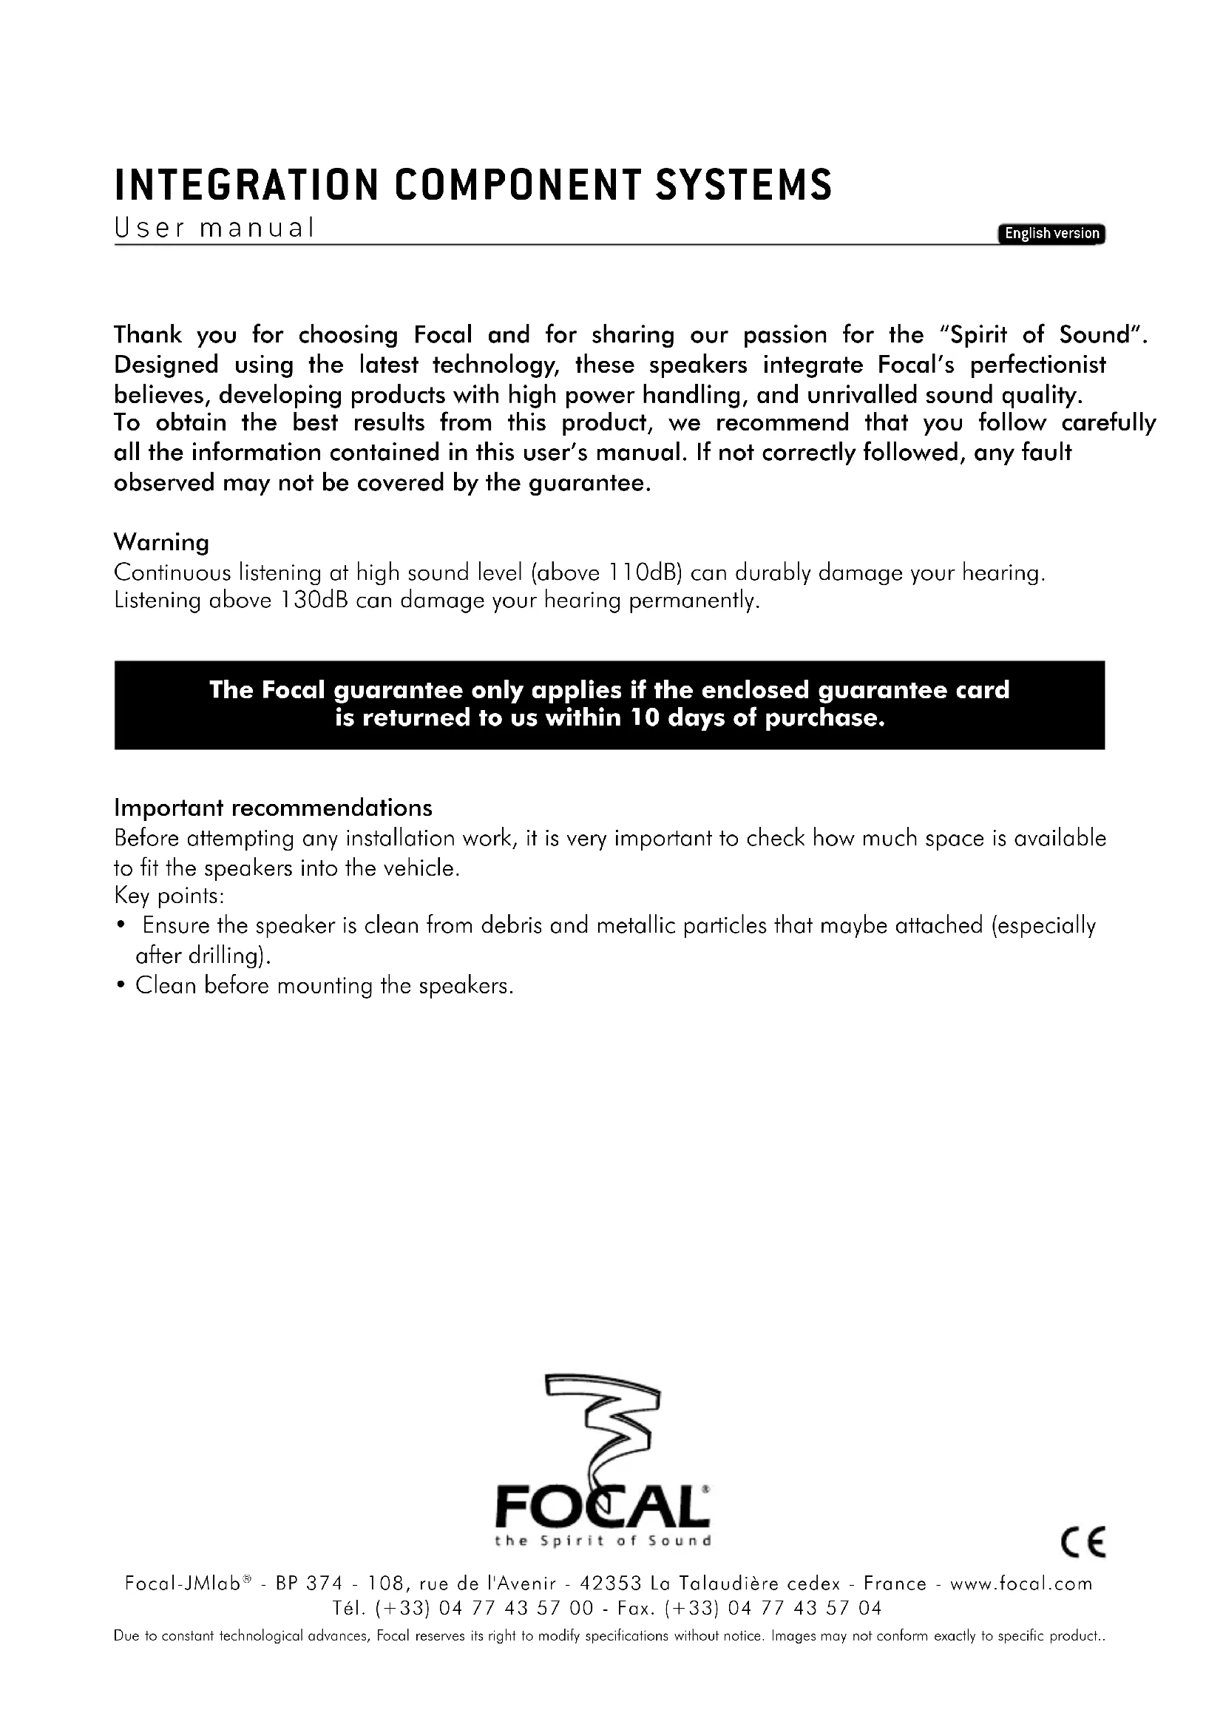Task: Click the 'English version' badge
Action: pyautogui.click(x=1051, y=234)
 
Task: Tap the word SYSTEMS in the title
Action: pyautogui.click(x=743, y=186)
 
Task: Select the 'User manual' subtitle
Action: pyautogui.click(x=213, y=228)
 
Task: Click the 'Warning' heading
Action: pyautogui.click(x=161, y=541)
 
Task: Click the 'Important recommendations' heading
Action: pyautogui.click(x=273, y=808)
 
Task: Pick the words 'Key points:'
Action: pyautogui.click(x=169, y=896)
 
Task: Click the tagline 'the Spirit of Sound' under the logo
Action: pyautogui.click(x=603, y=1541)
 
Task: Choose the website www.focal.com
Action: pyautogui.click(x=1020, y=1584)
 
